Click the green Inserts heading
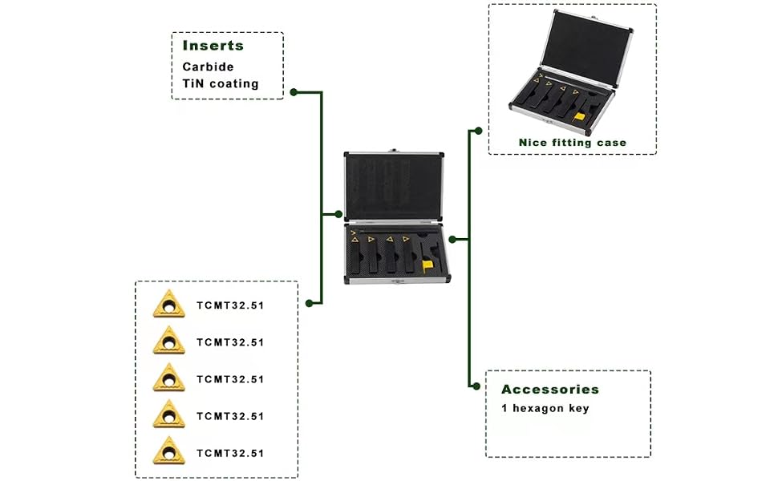coord(213,46)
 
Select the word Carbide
coord(208,67)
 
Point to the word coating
coord(234,84)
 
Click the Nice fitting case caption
coord(573,143)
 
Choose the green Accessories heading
coord(550,390)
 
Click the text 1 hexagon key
coord(545,409)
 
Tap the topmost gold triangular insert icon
coord(168,304)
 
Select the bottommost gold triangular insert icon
coord(168,451)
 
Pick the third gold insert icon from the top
coord(168,377)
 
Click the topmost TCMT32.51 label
coord(230,305)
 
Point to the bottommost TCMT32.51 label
coord(230,453)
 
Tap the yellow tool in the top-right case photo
coord(579,118)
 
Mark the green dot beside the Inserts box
coord(294,92)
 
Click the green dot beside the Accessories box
coord(476,386)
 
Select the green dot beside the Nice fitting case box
coord(478,131)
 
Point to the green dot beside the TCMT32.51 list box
coord(309,303)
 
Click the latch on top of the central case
coord(394,151)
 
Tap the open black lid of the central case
coord(394,187)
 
